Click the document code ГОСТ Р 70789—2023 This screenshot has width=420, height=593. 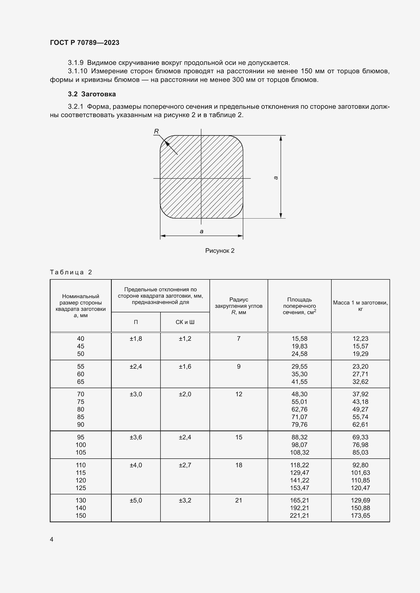click(85, 43)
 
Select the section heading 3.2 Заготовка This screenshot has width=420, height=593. click(92, 94)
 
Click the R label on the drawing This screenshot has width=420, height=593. click(156, 132)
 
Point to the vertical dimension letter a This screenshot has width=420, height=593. click(276, 178)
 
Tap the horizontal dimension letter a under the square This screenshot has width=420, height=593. click(201, 231)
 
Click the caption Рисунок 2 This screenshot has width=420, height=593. click(220, 250)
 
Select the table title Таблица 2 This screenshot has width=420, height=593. click(71, 272)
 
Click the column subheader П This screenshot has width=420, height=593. click(136, 322)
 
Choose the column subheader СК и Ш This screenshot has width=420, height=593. click(185, 322)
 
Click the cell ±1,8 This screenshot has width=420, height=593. click(136, 339)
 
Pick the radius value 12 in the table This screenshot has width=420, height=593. click(238, 394)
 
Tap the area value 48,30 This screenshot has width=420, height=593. click(299, 394)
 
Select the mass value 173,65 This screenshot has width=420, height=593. click(360, 515)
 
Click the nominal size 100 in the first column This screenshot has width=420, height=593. click(81, 445)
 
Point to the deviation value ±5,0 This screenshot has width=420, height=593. click(136, 500)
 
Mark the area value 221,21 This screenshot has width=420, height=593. click(299, 515)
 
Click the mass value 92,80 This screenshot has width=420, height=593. click(360, 465)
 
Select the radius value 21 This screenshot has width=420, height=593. click(238, 500)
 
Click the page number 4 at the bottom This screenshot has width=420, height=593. click(52, 539)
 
